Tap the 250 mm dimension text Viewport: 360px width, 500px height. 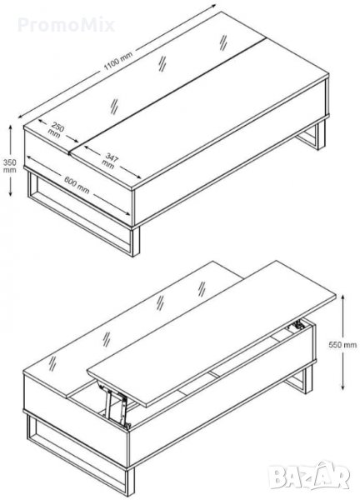tap(56, 131)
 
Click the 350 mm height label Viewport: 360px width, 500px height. tap(9, 166)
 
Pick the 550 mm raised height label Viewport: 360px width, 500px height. tap(342, 344)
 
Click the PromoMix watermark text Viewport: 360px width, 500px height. tap(66, 25)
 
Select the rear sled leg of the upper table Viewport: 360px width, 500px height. tap(312, 137)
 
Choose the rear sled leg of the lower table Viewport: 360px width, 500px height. tap(300, 379)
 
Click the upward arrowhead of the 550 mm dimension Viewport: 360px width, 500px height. tap(342, 297)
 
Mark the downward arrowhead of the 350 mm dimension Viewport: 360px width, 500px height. tap(11, 193)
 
